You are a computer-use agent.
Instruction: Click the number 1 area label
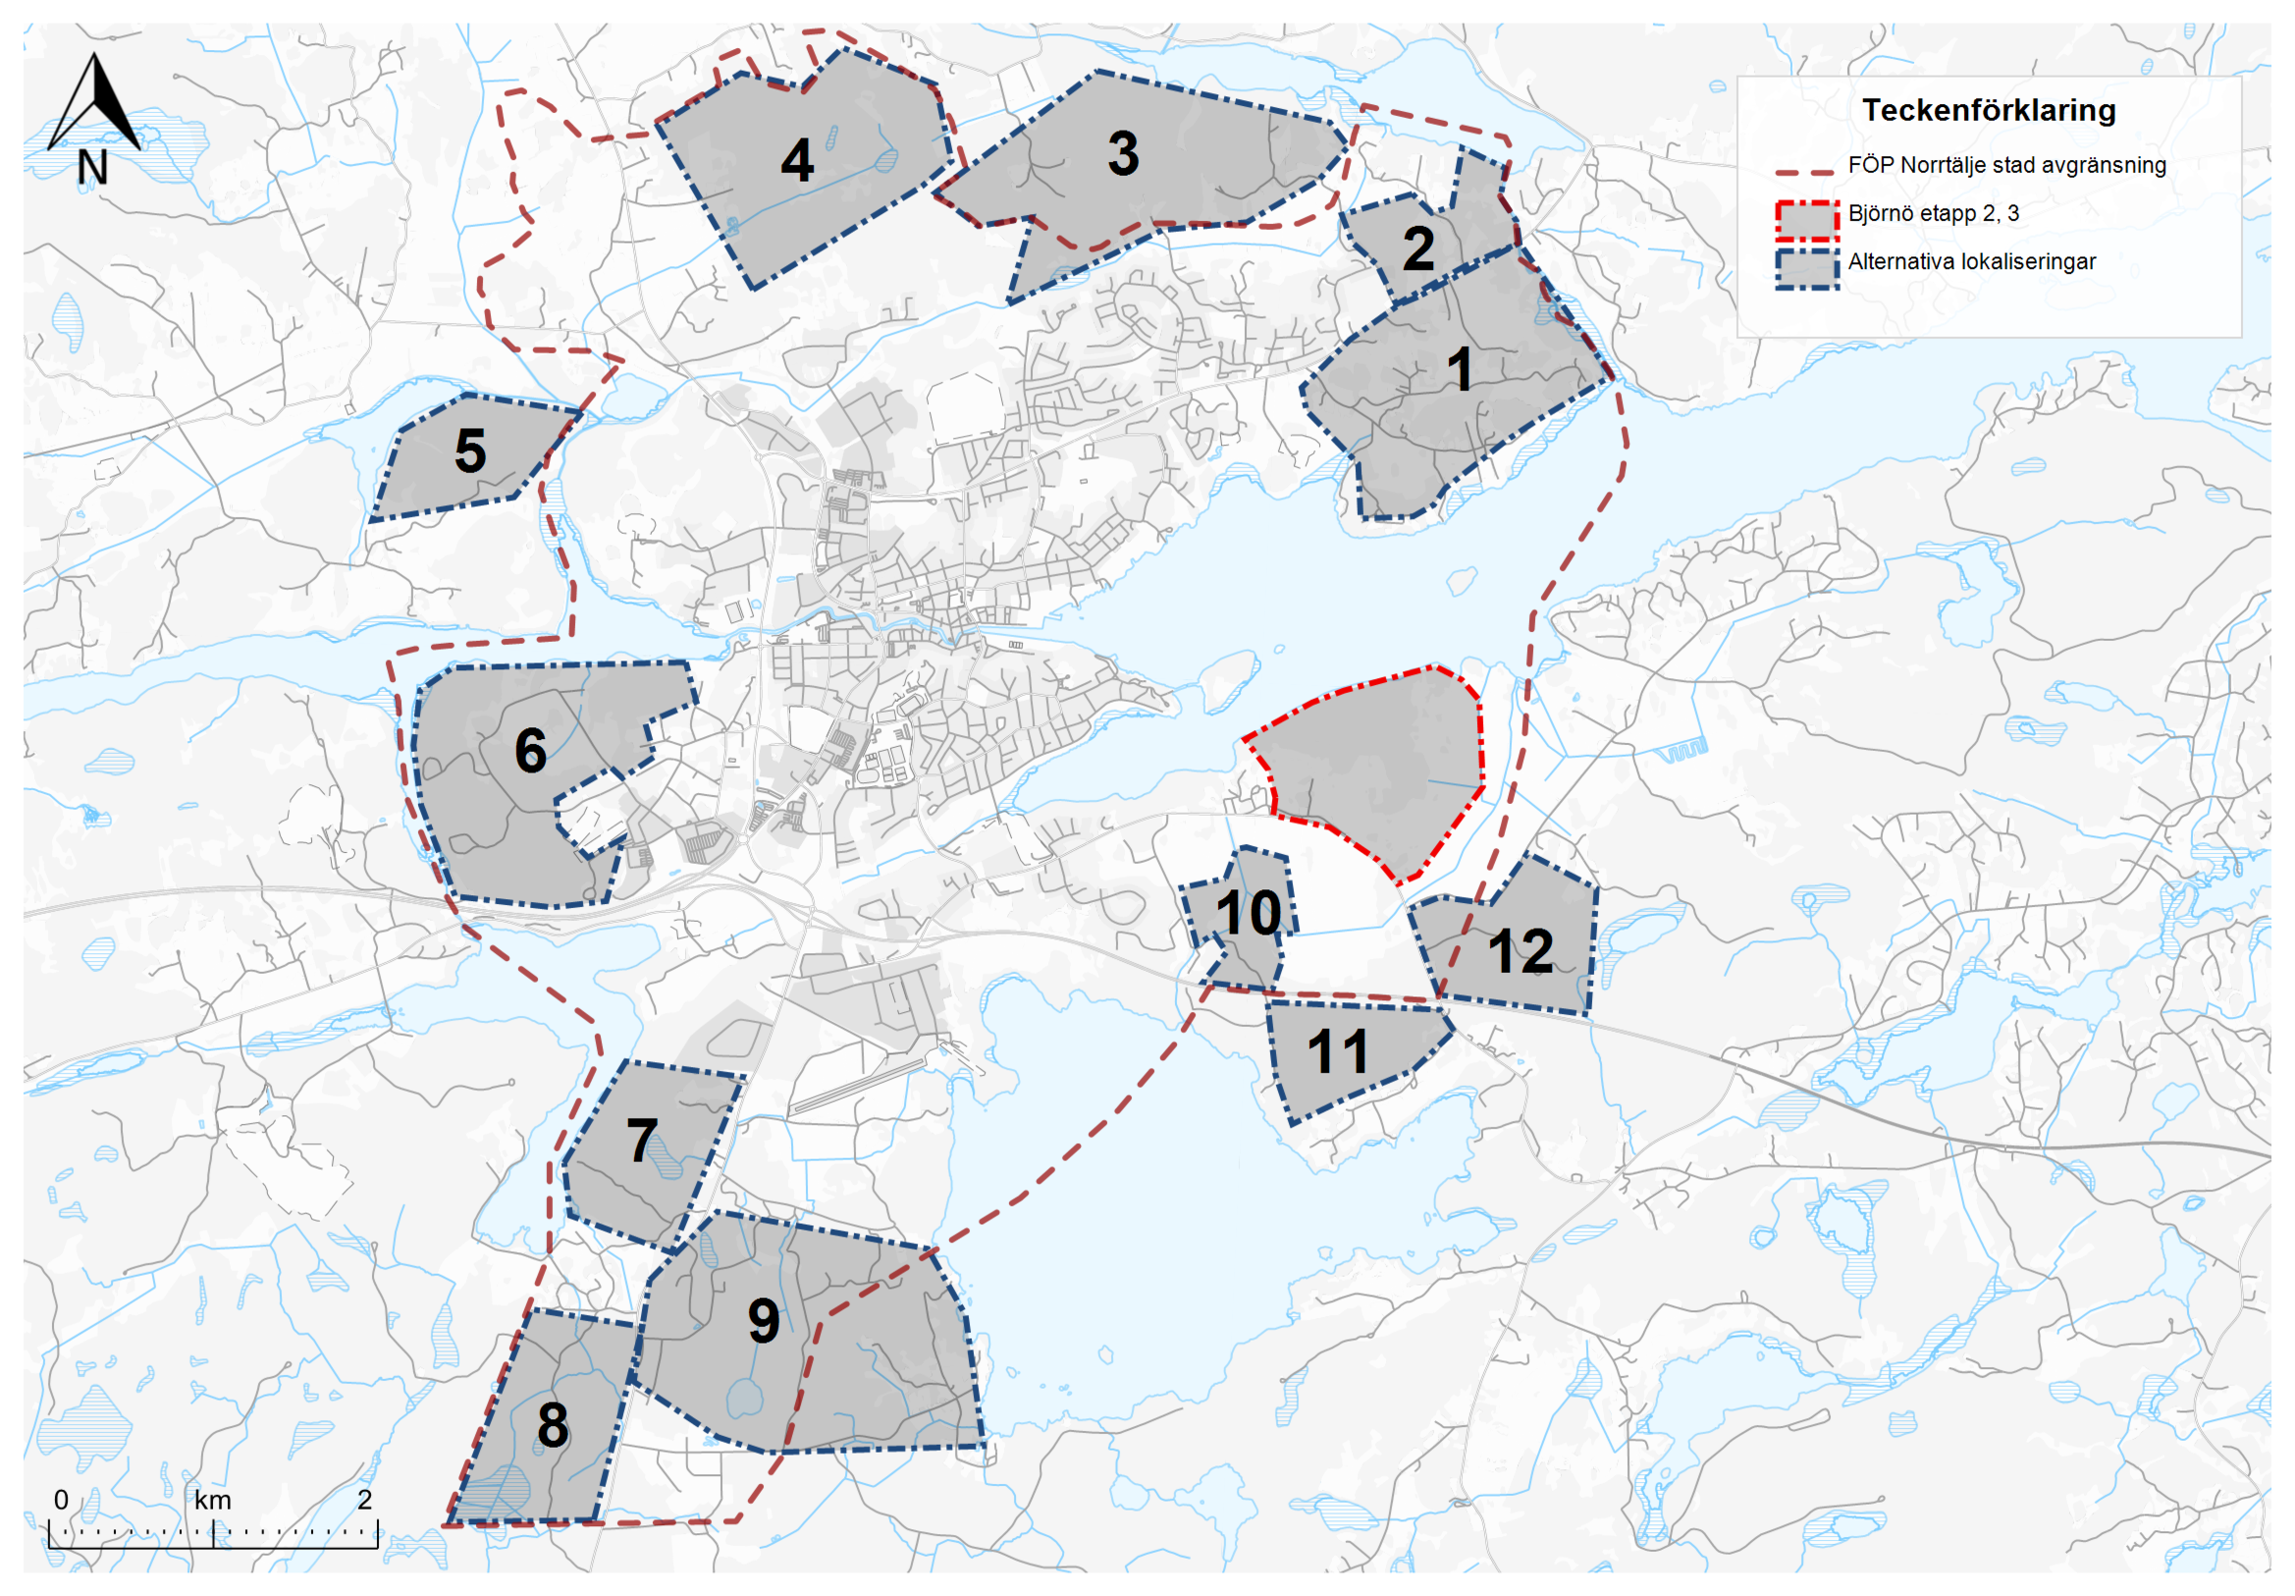pyautogui.click(x=1460, y=370)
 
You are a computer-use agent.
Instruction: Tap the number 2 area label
pyautogui.click(x=1418, y=249)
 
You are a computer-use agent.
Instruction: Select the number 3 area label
pyautogui.click(x=1124, y=154)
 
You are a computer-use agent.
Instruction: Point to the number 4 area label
pyautogui.click(x=797, y=161)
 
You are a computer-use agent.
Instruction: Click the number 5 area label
pyautogui.click(x=470, y=451)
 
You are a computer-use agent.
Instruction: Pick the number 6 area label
pyautogui.click(x=531, y=751)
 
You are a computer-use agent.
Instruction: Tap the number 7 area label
pyautogui.click(x=642, y=1141)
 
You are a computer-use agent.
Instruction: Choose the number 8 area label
pyautogui.click(x=553, y=1425)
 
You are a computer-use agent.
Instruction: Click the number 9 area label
pyautogui.click(x=764, y=1321)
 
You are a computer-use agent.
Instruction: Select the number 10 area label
pyautogui.click(x=1249, y=913)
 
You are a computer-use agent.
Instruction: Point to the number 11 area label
pyautogui.click(x=1337, y=1051)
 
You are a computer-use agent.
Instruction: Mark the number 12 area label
pyautogui.click(x=1521, y=951)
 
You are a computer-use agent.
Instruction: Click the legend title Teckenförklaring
pyautogui.click(x=1988, y=110)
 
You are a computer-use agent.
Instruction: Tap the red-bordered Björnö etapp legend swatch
pyautogui.click(x=1807, y=221)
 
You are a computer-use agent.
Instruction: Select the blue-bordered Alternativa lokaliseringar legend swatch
pyautogui.click(x=1807, y=268)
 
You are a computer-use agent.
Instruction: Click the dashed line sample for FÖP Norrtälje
pyautogui.click(x=1805, y=172)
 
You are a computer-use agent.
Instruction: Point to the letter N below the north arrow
pyautogui.click(x=92, y=167)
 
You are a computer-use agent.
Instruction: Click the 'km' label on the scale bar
pyautogui.click(x=213, y=1500)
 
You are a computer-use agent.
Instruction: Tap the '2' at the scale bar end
pyautogui.click(x=365, y=1499)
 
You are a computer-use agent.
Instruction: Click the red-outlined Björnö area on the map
pyautogui.click(x=1379, y=770)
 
